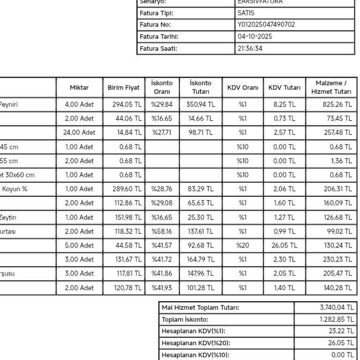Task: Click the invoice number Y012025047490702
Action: point(266,25)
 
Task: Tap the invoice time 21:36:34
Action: point(250,48)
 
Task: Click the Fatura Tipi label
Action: point(156,13)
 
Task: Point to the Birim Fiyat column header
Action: point(124,88)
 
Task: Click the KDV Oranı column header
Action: point(243,88)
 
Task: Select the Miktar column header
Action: point(79,88)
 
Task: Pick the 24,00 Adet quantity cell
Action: point(79,133)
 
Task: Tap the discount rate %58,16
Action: point(161,231)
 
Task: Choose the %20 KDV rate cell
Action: point(243,245)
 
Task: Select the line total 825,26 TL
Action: point(337,105)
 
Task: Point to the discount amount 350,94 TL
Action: point(200,105)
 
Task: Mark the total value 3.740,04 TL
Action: point(337,307)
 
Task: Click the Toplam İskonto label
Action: point(185,320)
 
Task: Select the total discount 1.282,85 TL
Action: point(337,320)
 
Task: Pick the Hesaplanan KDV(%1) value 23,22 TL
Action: point(342,331)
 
